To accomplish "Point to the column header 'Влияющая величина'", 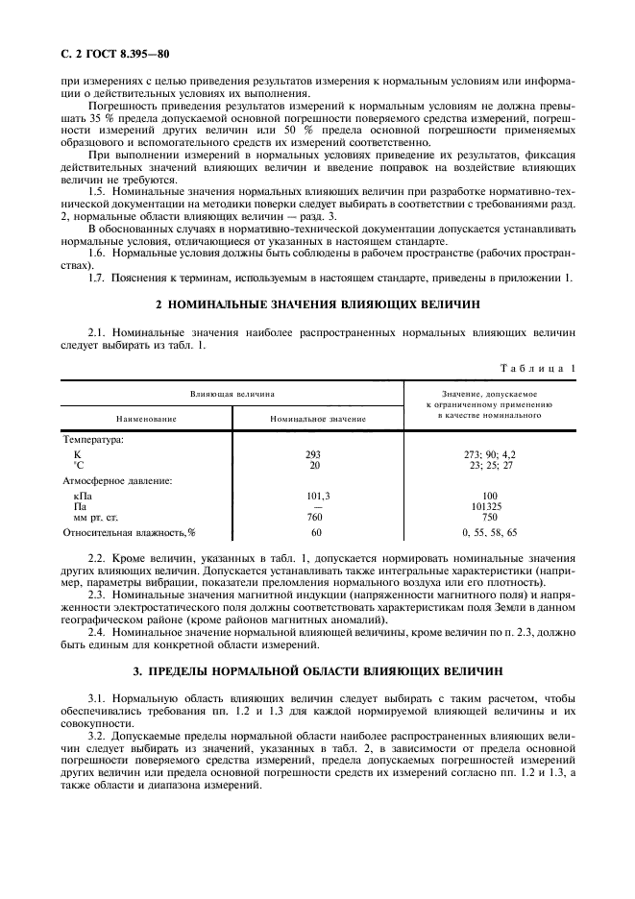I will click(x=232, y=393).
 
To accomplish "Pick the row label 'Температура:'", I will click(x=93, y=439).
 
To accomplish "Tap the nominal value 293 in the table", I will click(x=312, y=454).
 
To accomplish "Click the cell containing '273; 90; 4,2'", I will click(x=489, y=454).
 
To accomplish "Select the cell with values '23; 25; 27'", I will click(x=489, y=465).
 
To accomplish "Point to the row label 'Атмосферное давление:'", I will click(x=116, y=479).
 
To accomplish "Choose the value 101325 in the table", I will click(x=489, y=506).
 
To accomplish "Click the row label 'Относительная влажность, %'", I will click(x=129, y=531).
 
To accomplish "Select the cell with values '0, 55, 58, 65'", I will click(x=489, y=531).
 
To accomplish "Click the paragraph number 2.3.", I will click(x=95, y=595).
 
